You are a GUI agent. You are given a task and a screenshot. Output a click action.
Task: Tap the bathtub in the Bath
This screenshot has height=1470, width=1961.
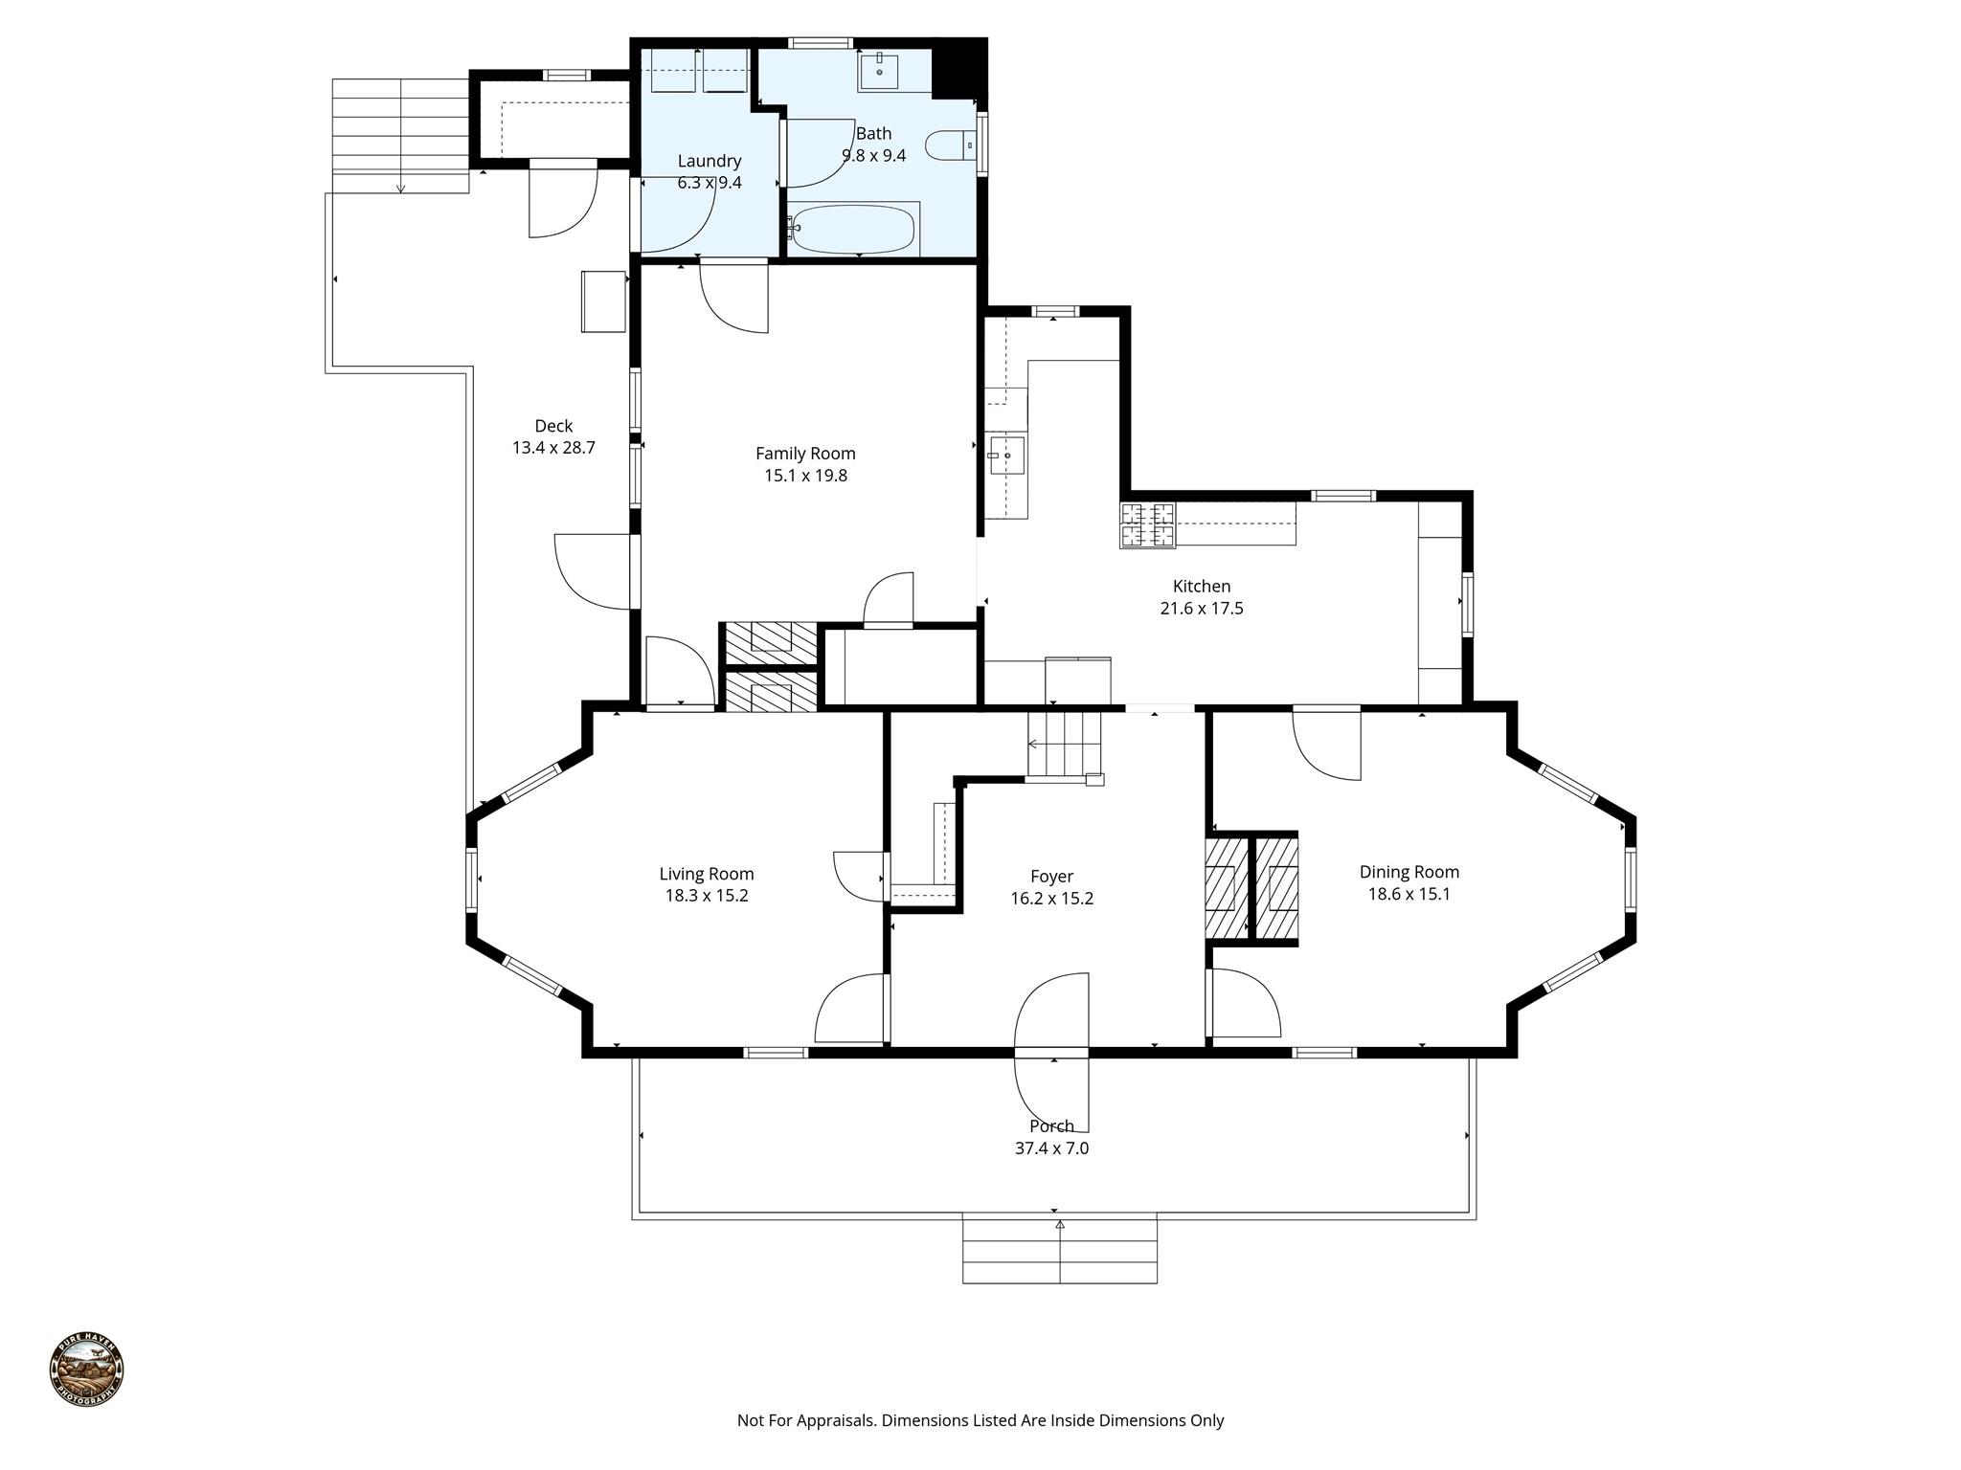point(853,230)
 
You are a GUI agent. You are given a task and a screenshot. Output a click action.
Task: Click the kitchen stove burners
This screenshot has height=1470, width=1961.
point(1147,525)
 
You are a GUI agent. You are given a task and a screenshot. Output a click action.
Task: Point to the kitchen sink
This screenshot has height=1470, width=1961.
point(1006,456)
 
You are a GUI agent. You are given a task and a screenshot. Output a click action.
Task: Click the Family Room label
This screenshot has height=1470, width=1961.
point(805,454)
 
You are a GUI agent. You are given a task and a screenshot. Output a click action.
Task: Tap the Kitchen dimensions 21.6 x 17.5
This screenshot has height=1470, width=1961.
point(1201,609)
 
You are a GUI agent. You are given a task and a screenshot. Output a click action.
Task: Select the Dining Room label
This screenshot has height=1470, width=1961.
point(1409,872)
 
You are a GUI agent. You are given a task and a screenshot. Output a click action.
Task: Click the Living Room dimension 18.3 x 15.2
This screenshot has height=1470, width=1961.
point(707,896)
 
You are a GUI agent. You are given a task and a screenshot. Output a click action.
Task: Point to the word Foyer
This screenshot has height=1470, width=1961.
point(1051,877)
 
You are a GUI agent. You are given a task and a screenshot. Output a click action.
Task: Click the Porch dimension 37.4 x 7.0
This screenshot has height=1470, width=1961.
point(1051,1148)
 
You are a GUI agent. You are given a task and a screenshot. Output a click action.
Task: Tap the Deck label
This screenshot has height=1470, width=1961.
point(553,427)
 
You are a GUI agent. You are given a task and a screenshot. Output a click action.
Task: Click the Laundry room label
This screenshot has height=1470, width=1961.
point(710,161)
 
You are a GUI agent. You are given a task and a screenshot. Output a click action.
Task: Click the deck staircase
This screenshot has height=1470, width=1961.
point(400,134)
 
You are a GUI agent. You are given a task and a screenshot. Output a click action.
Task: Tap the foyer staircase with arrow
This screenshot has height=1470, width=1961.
point(1063,746)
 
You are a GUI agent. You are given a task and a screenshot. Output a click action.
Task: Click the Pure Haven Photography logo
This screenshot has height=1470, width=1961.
point(86,1370)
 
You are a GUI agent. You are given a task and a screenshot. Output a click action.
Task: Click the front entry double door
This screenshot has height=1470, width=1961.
point(1051,1052)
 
